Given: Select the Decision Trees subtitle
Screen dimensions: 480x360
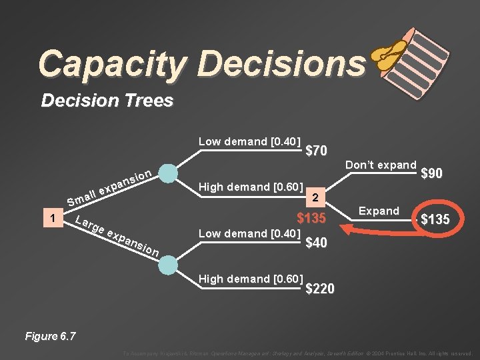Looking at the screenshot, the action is point(107,101).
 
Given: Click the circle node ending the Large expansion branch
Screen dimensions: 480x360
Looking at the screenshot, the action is point(169,264).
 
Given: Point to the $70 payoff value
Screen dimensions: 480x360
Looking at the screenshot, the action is point(316,151).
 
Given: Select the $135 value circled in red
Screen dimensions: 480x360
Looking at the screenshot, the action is point(434,219).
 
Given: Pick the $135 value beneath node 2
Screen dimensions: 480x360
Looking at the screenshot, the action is point(311,218).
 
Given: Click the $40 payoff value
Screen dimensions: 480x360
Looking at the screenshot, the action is point(316,243).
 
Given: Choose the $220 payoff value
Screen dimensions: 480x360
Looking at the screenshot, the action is point(320,289).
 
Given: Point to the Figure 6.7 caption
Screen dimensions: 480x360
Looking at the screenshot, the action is point(49,336).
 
